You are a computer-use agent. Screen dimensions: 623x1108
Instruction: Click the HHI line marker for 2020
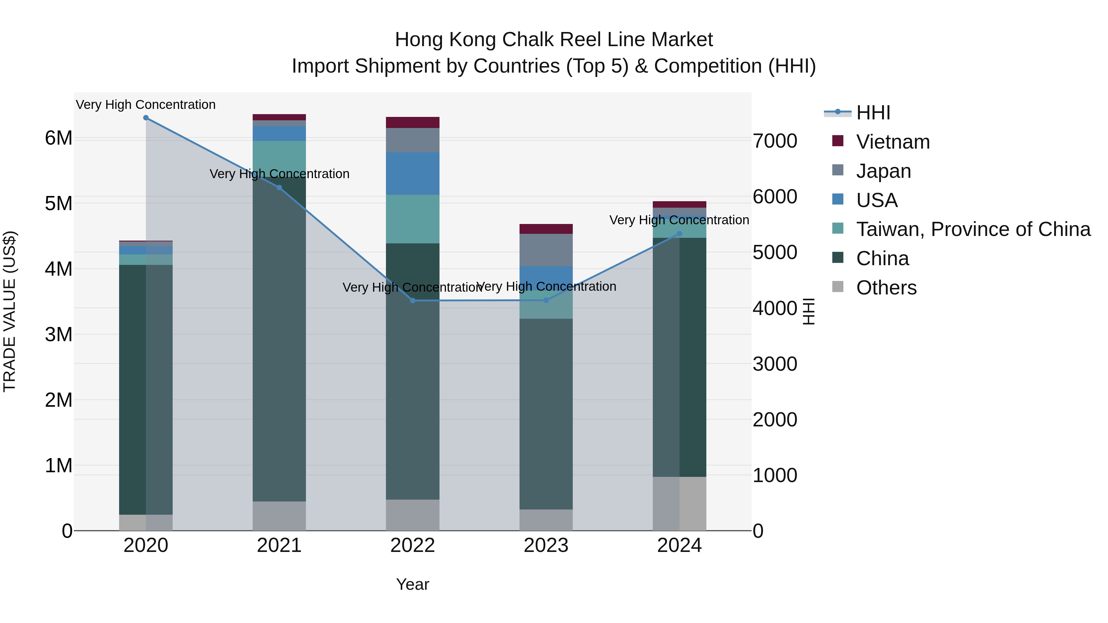coord(146,118)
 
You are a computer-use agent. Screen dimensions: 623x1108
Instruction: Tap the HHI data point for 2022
coord(412,301)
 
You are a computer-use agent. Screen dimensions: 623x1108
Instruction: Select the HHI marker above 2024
coord(679,234)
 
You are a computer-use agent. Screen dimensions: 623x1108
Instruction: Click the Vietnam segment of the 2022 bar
coord(412,122)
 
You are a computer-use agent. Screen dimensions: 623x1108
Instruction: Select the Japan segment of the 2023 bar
coord(546,250)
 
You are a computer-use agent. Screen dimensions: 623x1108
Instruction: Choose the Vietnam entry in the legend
coord(893,142)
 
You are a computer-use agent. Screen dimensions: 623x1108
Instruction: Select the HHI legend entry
coord(873,113)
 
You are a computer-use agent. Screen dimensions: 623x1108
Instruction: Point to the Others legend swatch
coord(837,286)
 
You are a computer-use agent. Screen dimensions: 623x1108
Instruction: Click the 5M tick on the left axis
coord(58,204)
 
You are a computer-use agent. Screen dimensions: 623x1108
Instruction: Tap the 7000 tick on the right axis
coord(775,141)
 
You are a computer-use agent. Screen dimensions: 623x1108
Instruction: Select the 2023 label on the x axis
coord(546,545)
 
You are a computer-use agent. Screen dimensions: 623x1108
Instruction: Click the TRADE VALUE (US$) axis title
coord(10,311)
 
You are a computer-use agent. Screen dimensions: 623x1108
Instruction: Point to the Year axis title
coord(412,584)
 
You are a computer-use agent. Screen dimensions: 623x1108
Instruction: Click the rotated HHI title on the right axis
coord(809,311)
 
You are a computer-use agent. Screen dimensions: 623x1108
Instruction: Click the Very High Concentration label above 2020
coord(146,105)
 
